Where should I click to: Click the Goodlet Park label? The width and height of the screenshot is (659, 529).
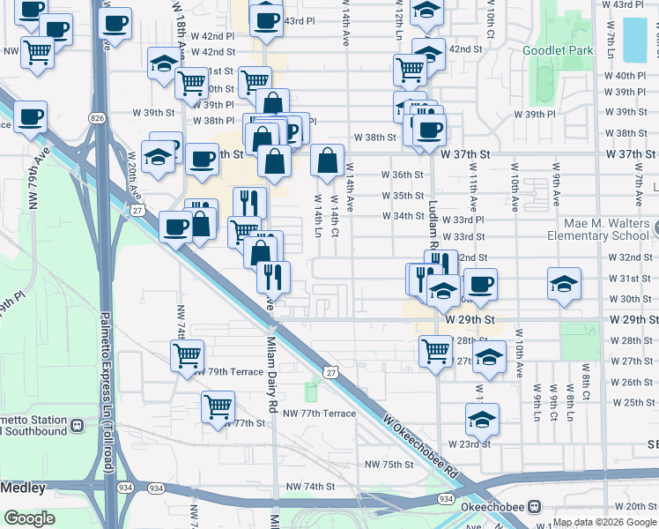(x=558, y=50)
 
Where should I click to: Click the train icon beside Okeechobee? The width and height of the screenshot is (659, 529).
(x=534, y=507)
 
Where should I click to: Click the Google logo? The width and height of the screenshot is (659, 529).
(x=30, y=518)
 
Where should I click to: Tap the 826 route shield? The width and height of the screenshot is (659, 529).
(x=97, y=117)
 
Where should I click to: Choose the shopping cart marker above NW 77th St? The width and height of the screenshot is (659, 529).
(x=217, y=406)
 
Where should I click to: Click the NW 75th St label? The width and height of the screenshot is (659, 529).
(x=389, y=465)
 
